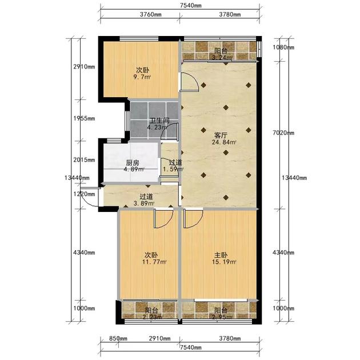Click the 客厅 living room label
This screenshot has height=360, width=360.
[221, 135]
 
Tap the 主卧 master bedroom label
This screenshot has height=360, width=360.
[221, 255]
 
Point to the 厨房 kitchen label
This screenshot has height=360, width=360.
[133, 163]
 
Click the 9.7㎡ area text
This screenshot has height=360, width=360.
[142, 77]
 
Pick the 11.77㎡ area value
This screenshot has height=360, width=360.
[154, 262]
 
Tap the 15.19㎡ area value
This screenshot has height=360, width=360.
[224, 262]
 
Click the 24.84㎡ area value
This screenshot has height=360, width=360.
[224, 142]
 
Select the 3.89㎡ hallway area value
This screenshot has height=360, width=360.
[144, 203]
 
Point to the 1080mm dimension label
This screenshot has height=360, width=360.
[283, 47]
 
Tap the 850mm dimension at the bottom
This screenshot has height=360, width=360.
[118, 338]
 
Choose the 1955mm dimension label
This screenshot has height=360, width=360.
[84, 118]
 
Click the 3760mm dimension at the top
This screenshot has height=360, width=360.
[151, 14]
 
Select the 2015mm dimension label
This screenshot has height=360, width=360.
[84, 159]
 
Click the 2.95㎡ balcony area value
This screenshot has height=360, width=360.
[222, 317]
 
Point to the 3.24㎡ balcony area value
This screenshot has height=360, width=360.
[222, 57]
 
